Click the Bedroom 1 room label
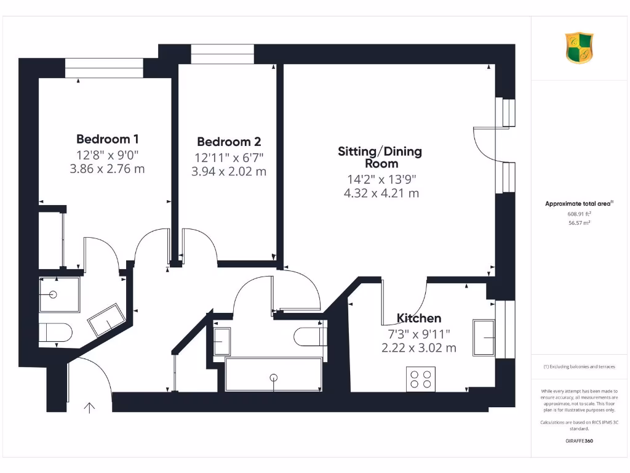tap(103, 139)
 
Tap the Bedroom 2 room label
tap(224, 142)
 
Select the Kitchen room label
tap(418, 318)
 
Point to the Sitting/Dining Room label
tap(380, 157)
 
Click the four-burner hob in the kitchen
tap(421, 378)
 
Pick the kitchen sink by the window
tap(484, 338)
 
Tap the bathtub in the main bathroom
tap(273, 374)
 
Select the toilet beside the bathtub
tap(310, 337)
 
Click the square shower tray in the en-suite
tap(58, 294)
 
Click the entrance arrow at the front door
tap(90, 407)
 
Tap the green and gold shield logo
tap(579, 48)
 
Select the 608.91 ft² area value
tap(578, 214)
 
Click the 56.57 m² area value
tap(578, 223)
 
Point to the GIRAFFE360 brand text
tap(578, 441)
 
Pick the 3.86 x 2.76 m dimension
tap(108, 168)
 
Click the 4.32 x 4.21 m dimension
tap(381, 193)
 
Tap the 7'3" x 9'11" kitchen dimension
tap(418, 333)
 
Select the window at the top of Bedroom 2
tap(222, 54)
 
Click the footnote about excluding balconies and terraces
tap(578, 366)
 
